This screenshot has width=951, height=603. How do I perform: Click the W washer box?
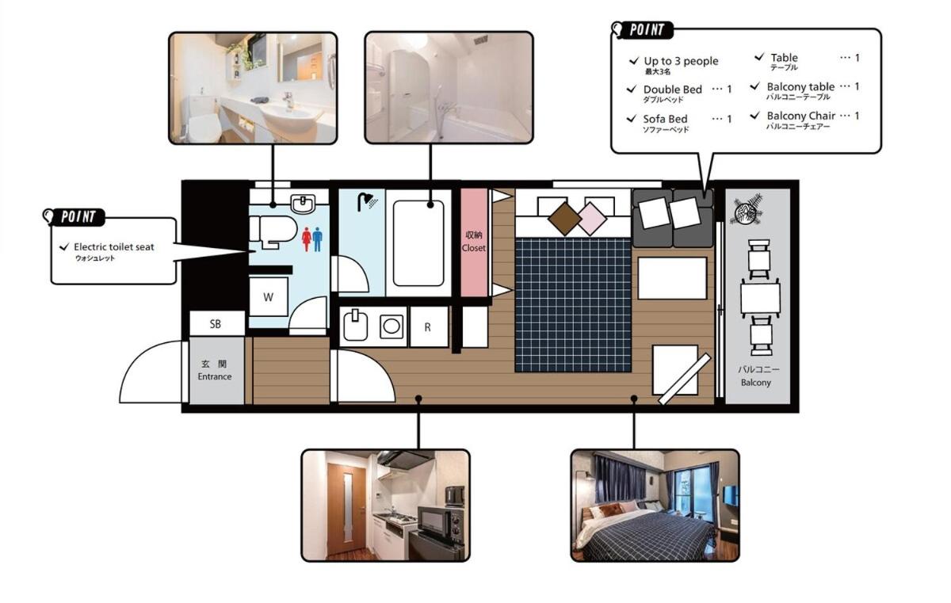pyautogui.click(x=269, y=296)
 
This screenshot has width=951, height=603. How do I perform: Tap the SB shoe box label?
pyautogui.click(x=216, y=324)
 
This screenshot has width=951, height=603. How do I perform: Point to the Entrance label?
pyautogui.click(x=215, y=376)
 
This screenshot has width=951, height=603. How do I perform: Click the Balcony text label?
pyautogui.click(x=756, y=383)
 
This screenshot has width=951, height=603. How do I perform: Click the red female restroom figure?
pyautogui.click(x=307, y=239)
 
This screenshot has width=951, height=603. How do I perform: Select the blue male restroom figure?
pyautogui.click(x=317, y=239)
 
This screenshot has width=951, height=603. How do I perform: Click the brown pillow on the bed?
pyautogui.click(x=565, y=219)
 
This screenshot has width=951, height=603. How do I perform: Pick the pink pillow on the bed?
pyautogui.click(x=590, y=219)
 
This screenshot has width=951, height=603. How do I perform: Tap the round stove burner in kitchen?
pyautogui.click(x=391, y=326)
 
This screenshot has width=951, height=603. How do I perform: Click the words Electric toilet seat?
pyautogui.click(x=114, y=247)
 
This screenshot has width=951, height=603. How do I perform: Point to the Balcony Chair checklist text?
pyautogui.click(x=800, y=116)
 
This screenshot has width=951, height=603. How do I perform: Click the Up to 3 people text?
pyautogui.click(x=681, y=62)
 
